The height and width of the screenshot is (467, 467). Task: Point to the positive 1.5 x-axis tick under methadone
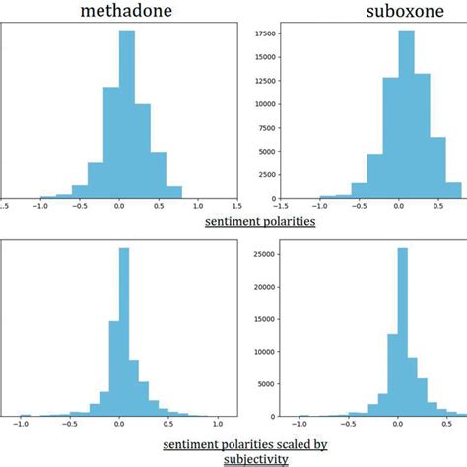pyautogui.click(x=239, y=208)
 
